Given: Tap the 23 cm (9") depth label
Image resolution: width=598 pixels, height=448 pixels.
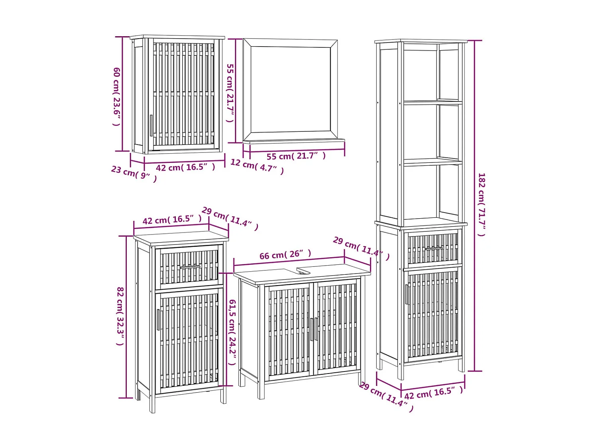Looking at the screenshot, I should point(134,174).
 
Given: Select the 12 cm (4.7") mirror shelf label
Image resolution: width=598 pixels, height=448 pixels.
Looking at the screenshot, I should point(257,166).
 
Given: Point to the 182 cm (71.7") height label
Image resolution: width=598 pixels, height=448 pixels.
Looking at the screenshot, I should point(482,204).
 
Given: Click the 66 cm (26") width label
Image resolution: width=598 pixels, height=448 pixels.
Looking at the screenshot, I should point(285,254).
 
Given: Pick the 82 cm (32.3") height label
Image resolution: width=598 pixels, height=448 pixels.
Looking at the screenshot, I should point(120,316).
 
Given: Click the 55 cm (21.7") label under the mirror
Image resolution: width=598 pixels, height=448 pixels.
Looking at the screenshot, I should point(296,156).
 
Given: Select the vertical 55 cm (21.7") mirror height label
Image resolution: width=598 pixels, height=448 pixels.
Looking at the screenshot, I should point(230,93).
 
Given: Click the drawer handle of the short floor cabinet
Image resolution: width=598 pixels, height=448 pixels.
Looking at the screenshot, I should point(190,267).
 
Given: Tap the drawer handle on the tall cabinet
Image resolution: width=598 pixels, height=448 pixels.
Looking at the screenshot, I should point(434,248).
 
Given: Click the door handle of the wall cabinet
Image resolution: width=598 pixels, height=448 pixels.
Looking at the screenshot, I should point(151,125).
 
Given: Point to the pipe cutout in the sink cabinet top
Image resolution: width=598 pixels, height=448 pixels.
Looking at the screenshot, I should point(303,271).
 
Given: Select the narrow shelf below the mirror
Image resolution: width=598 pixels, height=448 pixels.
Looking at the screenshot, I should point(294,141).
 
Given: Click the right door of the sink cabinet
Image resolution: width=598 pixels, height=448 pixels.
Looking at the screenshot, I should point(337,329).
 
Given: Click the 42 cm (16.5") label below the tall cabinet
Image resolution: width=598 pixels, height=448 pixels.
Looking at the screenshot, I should point(434,393).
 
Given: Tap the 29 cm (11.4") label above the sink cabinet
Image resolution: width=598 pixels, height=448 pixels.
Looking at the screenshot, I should point(361,248).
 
